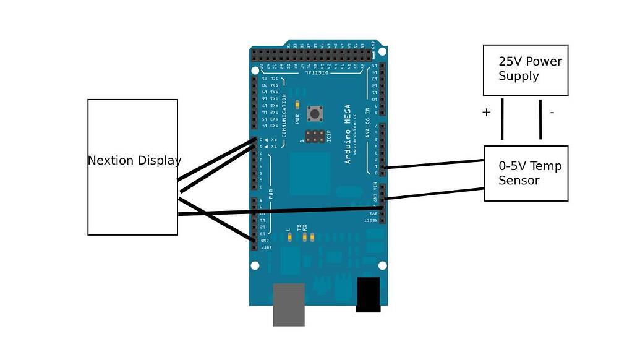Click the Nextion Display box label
[x=134, y=160]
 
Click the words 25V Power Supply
[x=530, y=69]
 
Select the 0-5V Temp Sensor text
[x=530, y=173]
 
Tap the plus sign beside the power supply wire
[x=486, y=112]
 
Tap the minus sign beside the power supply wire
[x=552, y=112]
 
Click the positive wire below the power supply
[x=501, y=120]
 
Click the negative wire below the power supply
[x=540, y=120]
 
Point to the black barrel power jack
[x=369, y=294]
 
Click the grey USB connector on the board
[x=289, y=304]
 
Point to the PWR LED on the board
[x=297, y=105]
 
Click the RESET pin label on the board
[x=370, y=220]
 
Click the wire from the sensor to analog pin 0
[x=433, y=164]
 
